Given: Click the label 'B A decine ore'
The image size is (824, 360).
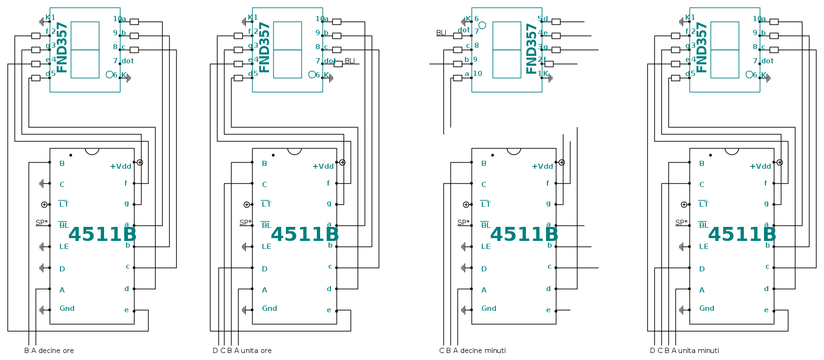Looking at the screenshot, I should (49, 351).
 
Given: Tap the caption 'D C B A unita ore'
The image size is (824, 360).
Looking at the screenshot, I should (242, 351).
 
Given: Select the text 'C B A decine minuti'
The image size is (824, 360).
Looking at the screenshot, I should (472, 351).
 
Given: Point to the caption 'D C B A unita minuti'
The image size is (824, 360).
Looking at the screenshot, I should (684, 351).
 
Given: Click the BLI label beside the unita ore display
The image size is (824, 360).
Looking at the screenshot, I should (350, 61).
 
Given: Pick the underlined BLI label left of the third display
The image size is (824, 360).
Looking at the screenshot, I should (441, 33).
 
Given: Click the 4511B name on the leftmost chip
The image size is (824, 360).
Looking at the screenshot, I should (102, 234).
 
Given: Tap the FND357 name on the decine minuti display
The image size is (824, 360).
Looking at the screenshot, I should (532, 49).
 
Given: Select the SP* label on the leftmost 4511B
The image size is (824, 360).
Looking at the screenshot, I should (41, 223).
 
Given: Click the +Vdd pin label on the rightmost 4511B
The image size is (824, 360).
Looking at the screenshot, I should (760, 166).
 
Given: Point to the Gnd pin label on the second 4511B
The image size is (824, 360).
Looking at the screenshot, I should (269, 308).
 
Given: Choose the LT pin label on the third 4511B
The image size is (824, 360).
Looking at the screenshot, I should (486, 204).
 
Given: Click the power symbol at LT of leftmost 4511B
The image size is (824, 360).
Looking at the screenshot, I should (44, 204).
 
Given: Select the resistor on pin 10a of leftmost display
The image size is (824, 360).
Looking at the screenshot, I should (134, 22).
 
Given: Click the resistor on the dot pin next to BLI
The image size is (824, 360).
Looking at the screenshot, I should (338, 64).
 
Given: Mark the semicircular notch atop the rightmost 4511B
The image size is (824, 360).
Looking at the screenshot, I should (732, 151).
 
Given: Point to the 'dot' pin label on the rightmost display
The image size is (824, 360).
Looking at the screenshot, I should (767, 61).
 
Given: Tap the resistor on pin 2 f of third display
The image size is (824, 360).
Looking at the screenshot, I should (549, 64).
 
